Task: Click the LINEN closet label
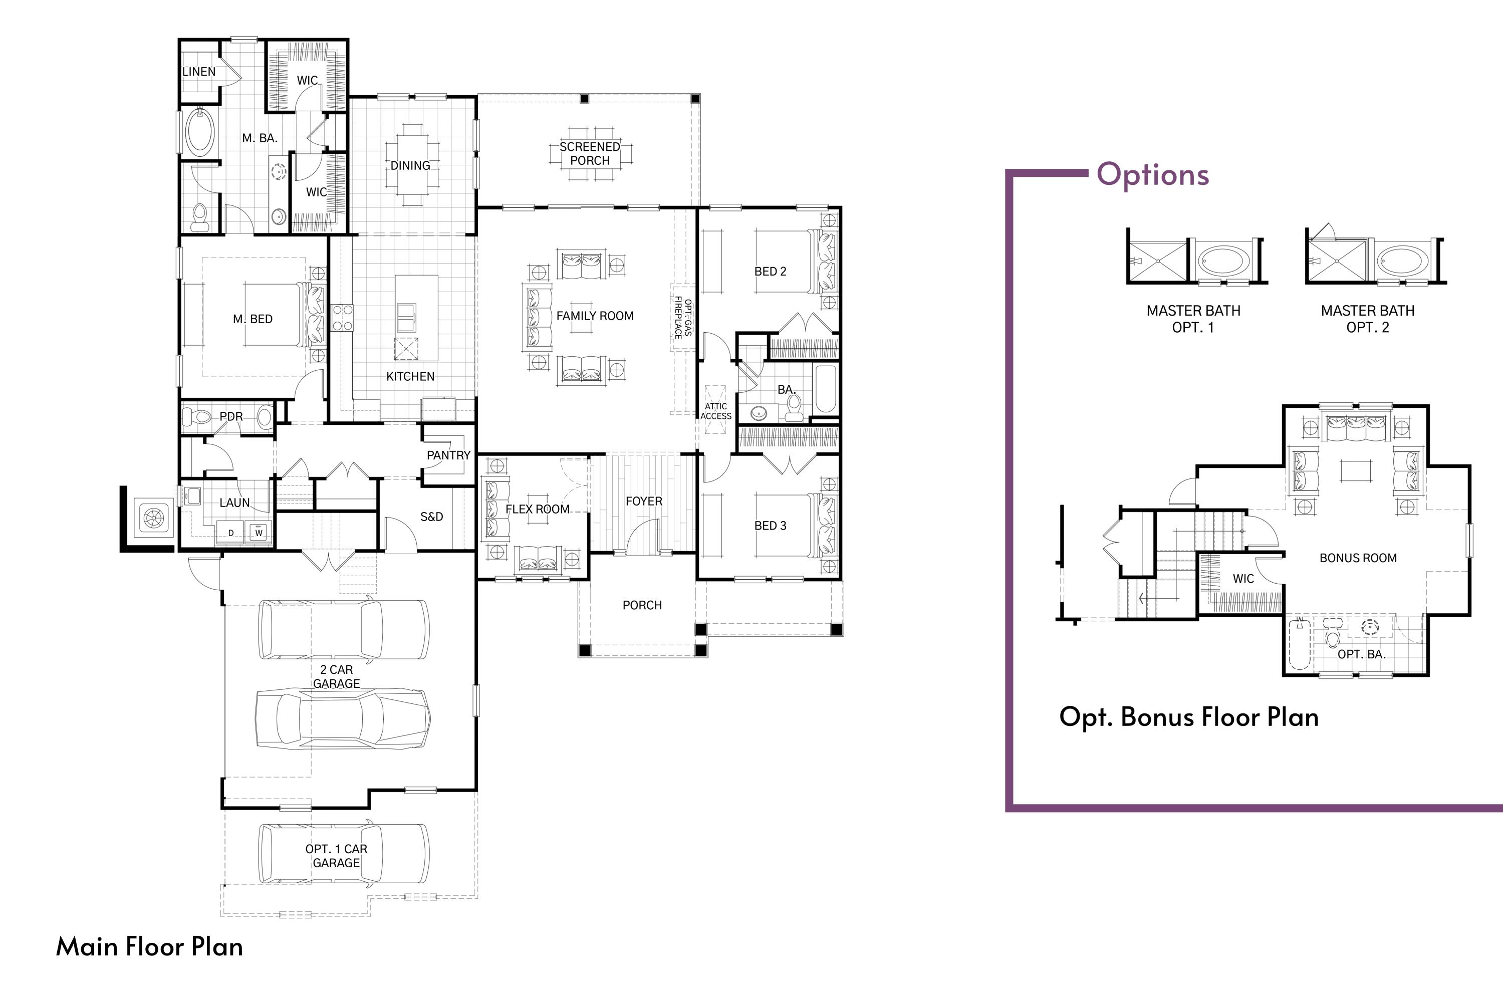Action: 199,72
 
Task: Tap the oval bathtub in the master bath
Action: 199,132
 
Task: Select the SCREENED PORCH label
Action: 589,153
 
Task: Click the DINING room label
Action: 410,165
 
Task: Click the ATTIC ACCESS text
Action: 716,411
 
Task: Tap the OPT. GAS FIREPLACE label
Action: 682,318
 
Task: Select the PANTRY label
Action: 448,455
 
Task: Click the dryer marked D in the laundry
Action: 230,532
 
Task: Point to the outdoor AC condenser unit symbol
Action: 153,518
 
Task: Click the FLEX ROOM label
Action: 538,510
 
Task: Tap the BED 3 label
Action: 770,525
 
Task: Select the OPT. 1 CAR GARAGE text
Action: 336,856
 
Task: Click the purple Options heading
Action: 1153,174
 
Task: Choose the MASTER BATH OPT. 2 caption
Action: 1368,319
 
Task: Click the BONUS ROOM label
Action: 1358,558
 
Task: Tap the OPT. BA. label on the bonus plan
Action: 1361,654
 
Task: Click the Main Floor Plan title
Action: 149,946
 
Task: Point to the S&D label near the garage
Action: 431,517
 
